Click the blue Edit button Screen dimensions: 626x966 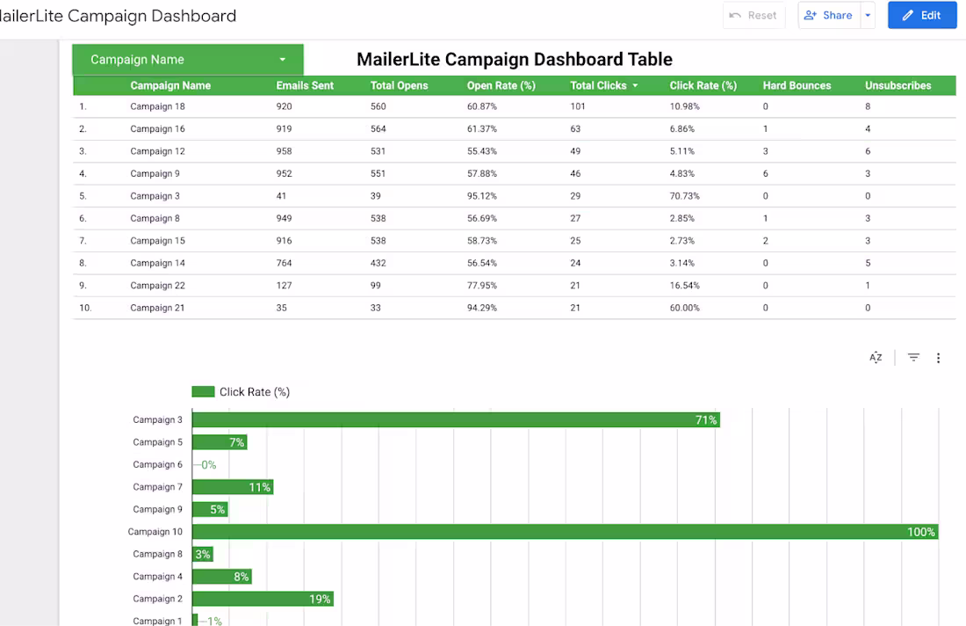tap(921, 15)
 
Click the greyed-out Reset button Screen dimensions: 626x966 tap(753, 15)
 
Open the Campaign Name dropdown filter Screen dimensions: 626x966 tap(187, 60)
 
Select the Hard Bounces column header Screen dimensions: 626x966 tap(797, 85)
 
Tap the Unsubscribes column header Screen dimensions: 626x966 tap(898, 85)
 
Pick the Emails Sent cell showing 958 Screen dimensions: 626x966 tap(284, 151)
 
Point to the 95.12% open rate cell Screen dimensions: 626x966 tap(483, 196)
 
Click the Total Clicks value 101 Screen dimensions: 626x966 tap(578, 106)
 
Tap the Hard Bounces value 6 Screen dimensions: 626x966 tap(766, 173)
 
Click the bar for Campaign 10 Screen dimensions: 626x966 tap(565, 532)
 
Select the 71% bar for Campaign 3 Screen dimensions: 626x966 tap(456, 420)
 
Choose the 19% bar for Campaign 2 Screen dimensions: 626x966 tap(263, 599)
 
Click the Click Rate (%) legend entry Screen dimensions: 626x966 tap(241, 392)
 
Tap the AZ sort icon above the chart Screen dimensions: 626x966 tap(876, 358)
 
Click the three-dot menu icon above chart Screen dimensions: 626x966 tap(938, 358)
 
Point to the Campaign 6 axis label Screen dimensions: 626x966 tap(158, 464)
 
